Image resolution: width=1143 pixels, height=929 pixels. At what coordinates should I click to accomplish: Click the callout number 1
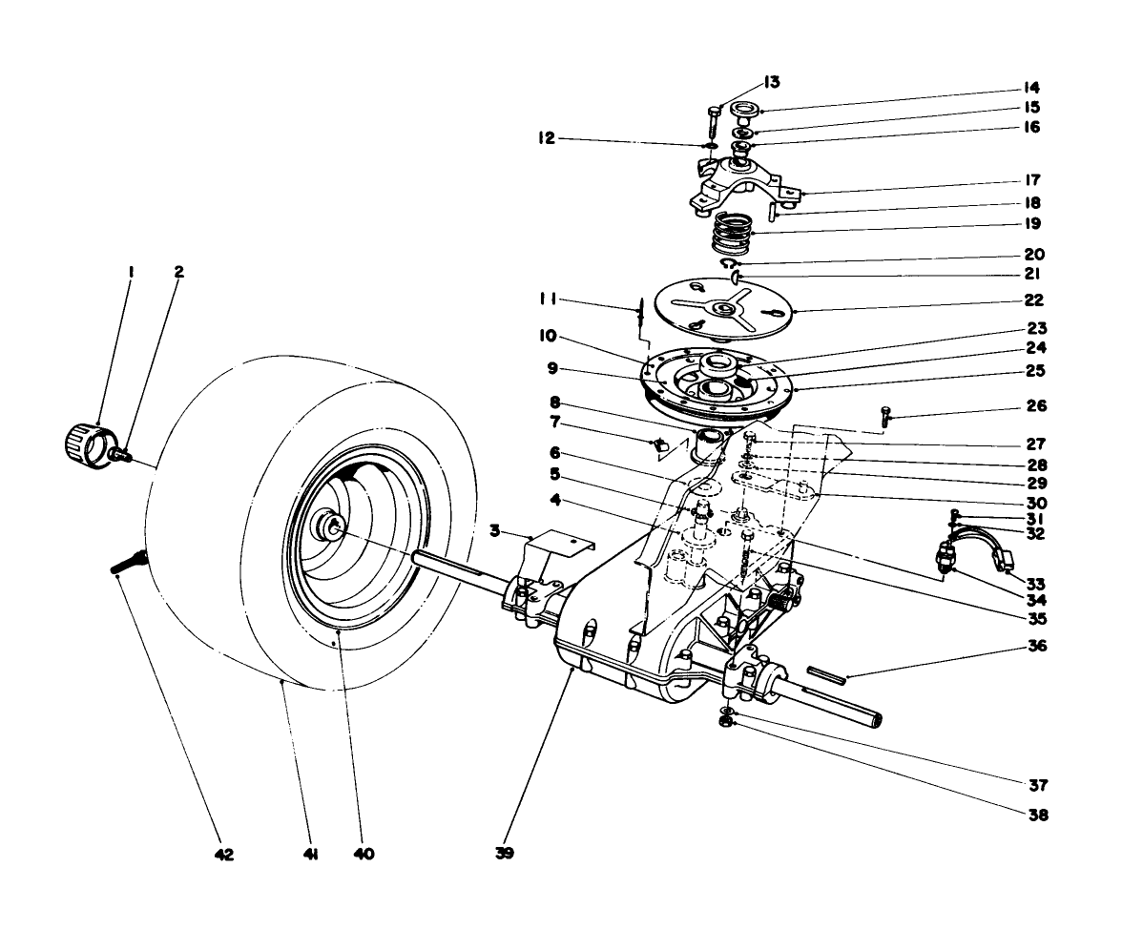pyautogui.click(x=131, y=272)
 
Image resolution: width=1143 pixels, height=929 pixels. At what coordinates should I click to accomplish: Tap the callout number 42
pyautogui.click(x=223, y=854)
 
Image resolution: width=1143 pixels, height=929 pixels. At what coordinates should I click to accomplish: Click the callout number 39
pyautogui.click(x=505, y=854)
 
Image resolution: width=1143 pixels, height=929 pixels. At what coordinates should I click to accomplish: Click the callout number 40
pyautogui.click(x=363, y=854)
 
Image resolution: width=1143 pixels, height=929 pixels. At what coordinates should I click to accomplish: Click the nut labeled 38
pyautogui.click(x=726, y=725)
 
